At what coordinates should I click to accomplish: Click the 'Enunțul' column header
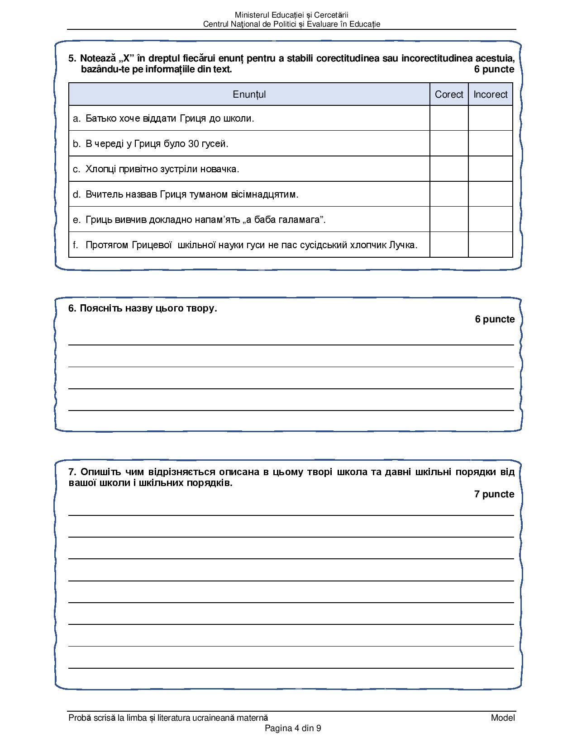[x=249, y=94]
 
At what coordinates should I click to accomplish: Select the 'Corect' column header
[x=449, y=94]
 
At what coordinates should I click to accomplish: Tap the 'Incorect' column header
[x=491, y=94]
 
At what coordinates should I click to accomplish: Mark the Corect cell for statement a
[x=449, y=118]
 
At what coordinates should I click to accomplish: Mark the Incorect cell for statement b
[x=491, y=144]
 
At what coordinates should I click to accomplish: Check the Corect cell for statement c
[x=449, y=169]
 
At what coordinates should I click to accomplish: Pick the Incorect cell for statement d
[x=491, y=194]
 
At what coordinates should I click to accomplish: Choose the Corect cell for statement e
[x=449, y=220]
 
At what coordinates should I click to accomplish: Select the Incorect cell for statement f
[x=491, y=245]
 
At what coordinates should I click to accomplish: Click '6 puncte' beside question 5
[x=494, y=69]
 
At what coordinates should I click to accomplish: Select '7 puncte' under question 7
[x=494, y=494]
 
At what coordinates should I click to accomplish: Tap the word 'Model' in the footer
[x=503, y=718]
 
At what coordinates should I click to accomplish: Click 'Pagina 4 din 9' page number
[x=293, y=728]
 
